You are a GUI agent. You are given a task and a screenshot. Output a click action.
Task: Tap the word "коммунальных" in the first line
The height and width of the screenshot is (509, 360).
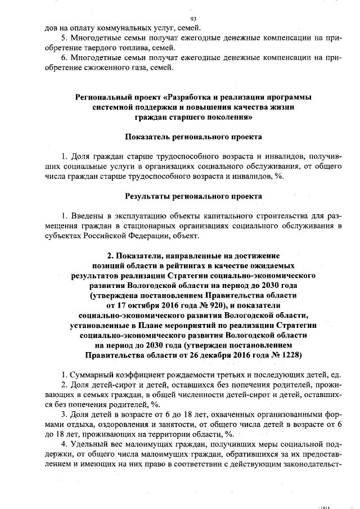tap(103, 28)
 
